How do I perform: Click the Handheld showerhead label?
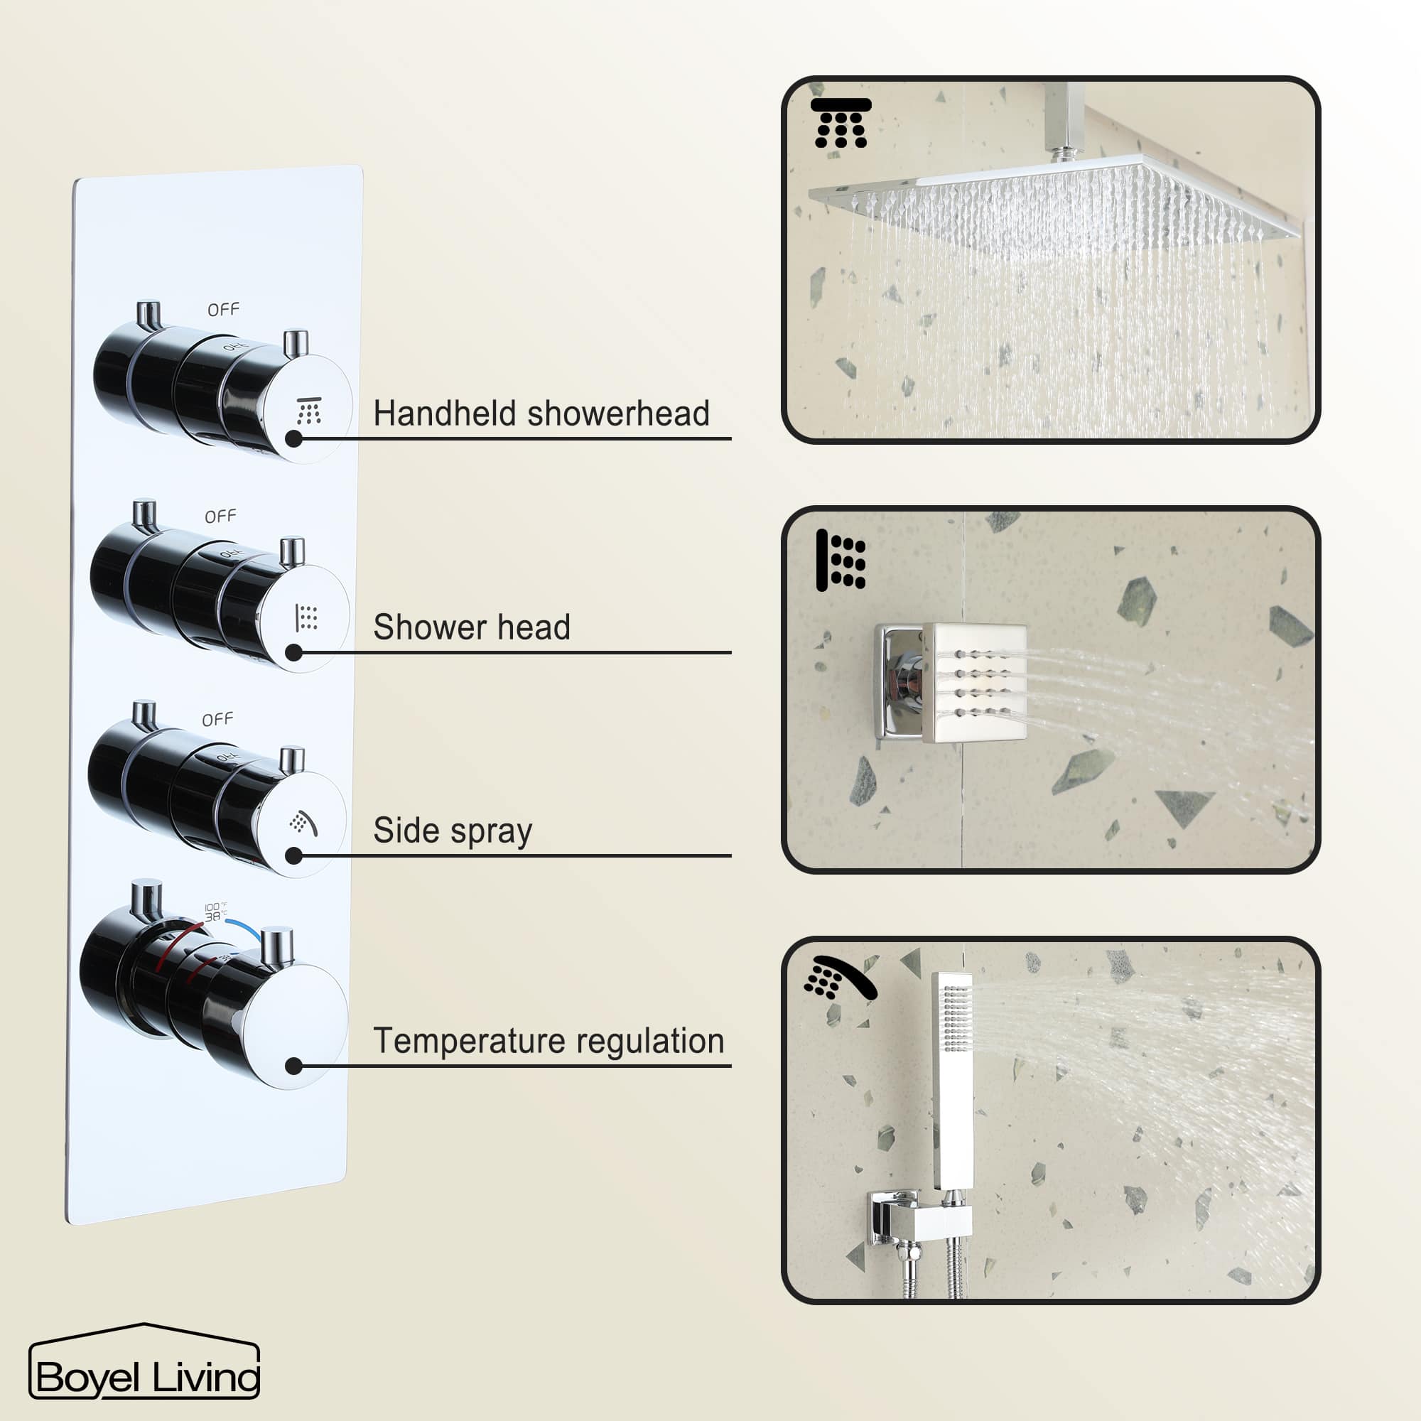pyautogui.click(x=541, y=414)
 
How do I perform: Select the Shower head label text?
pyautogui.click(x=472, y=627)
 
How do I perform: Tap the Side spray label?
pyautogui.click(x=453, y=831)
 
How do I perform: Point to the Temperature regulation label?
pyautogui.click(x=549, y=1041)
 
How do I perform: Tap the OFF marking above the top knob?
pyautogui.click(x=224, y=310)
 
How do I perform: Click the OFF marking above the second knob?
pyautogui.click(x=221, y=517)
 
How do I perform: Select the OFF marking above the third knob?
pyautogui.click(x=217, y=718)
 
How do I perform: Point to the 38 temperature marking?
pyautogui.click(x=212, y=917)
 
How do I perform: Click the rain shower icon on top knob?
pyautogui.click(x=309, y=411)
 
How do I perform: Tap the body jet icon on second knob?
pyautogui.click(x=306, y=618)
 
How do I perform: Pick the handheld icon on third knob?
pyautogui.click(x=303, y=823)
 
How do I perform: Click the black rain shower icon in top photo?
pyautogui.click(x=841, y=123)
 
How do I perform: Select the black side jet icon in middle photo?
pyautogui.click(x=841, y=561)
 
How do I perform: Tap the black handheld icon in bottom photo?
pyautogui.click(x=839, y=978)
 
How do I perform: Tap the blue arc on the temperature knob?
pyautogui.click(x=244, y=929)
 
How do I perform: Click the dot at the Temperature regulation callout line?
pyautogui.click(x=293, y=1066)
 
